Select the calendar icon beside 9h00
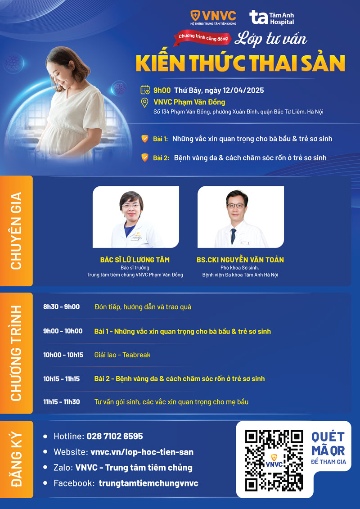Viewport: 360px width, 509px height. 145,90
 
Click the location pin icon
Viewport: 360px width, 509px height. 145,103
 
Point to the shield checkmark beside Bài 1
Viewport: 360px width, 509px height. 145,139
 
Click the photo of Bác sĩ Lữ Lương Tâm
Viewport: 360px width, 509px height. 135,217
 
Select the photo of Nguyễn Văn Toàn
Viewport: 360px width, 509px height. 240,217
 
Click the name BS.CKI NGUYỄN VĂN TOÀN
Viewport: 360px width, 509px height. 240,260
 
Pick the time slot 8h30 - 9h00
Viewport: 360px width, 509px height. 61,307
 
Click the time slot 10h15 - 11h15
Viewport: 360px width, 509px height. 61,379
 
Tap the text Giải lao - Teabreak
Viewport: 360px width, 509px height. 122,355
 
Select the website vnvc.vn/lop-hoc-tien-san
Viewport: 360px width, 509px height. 142,452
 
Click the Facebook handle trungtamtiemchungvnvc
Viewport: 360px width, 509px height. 148,483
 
